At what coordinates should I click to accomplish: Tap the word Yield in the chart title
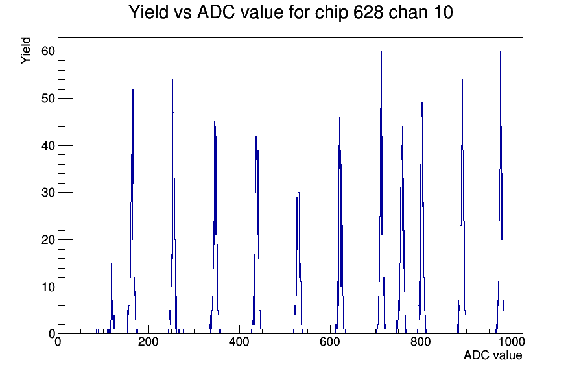148,12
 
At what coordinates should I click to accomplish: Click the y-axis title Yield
25,51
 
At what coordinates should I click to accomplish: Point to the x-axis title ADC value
493,355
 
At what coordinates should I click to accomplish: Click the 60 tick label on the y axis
48,51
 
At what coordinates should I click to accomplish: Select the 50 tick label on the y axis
48,98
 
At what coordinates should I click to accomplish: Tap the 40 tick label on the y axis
48,145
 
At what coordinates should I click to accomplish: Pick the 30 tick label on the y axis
48,193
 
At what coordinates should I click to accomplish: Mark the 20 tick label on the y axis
48,240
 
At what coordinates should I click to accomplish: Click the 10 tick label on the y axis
48,287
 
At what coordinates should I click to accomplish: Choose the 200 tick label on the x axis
148,341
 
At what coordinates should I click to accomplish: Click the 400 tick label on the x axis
239,341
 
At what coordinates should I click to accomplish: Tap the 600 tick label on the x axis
330,341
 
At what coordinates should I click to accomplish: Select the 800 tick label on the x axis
421,341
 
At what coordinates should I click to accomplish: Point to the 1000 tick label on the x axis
512,341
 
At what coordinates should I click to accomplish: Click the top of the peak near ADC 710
381,51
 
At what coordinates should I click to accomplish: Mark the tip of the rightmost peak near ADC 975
500,51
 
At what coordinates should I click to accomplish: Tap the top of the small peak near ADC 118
111,263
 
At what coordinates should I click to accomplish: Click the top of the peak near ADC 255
172,80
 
